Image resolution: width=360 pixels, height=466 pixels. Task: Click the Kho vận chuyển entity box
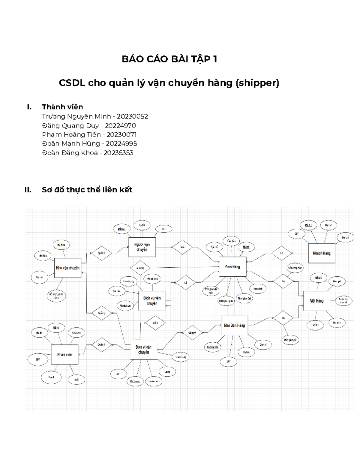[x=68, y=268]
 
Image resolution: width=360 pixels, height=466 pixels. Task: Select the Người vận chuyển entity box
[x=142, y=247]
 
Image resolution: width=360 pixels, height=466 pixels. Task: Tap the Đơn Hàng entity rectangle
[x=233, y=266]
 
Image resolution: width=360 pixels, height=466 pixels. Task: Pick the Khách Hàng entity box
[x=322, y=253]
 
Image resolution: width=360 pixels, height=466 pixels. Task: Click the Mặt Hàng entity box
[x=316, y=301]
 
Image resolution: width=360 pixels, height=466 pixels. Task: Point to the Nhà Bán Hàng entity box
[x=234, y=325]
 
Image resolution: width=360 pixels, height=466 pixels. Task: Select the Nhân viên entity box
[x=64, y=354]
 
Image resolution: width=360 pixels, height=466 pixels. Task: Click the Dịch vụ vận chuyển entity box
[x=152, y=301]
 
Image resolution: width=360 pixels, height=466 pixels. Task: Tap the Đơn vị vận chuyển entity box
[x=144, y=350]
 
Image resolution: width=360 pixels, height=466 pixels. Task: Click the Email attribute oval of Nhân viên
[x=51, y=377]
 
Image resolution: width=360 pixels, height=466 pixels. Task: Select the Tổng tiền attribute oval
[x=231, y=241]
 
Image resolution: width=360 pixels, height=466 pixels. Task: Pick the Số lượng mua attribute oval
[x=295, y=268]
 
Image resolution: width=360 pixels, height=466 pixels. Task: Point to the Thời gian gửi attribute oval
[x=291, y=340]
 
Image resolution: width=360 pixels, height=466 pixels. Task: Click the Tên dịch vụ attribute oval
[x=152, y=279]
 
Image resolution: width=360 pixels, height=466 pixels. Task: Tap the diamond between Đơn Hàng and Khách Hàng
[x=281, y=253]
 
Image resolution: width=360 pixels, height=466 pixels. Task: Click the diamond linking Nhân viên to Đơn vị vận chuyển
[x=101, y=344]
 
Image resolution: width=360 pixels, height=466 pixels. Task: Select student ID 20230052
[x=132, y=116]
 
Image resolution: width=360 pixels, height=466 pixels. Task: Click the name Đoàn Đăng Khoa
[x=70, y=153]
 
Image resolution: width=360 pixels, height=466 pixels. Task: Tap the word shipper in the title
[x=257, y=83]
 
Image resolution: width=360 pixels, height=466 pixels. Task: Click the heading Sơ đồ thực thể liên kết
[x=87, y=190]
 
